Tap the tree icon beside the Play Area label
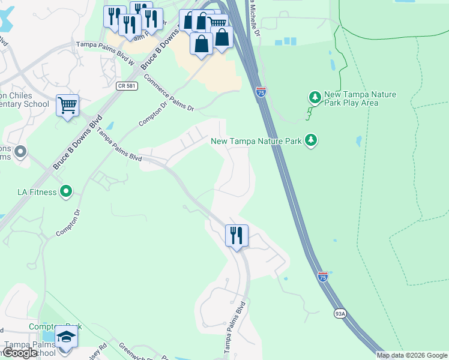(314, 97)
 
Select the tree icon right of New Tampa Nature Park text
(310, 140)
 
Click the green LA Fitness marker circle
(66, 192)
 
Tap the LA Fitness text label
(37, 192)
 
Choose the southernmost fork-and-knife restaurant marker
(237, 235)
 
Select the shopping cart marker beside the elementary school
(68, 106)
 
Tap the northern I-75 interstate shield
(261, 92)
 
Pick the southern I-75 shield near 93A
(323, 276)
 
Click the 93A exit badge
(340, 313)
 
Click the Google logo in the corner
(20, 353)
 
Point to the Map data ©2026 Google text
(412, 355)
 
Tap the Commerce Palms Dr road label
(170, 93)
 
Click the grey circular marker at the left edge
(20, 151)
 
